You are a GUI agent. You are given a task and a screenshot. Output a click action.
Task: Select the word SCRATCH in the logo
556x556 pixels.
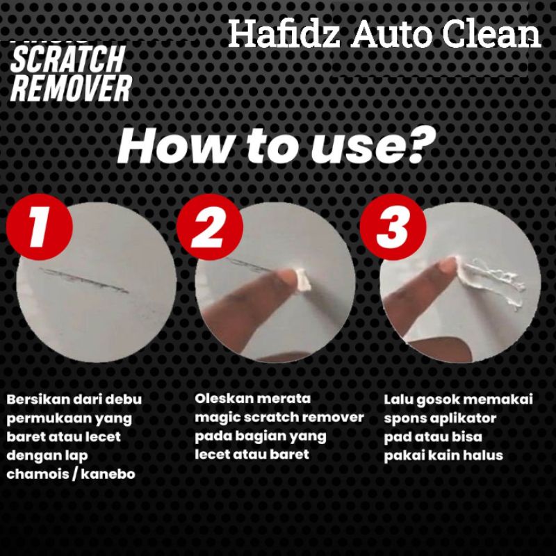67,59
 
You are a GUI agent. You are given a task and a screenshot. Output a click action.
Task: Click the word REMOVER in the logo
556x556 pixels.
72,88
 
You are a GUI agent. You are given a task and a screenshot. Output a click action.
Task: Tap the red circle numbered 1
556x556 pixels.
40,227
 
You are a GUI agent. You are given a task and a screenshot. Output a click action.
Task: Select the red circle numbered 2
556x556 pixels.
210,227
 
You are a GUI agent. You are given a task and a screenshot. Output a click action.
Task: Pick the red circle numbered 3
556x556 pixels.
393,227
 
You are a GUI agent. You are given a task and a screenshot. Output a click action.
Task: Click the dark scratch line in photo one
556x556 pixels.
84,280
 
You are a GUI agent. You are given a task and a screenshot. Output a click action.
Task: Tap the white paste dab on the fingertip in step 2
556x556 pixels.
302,280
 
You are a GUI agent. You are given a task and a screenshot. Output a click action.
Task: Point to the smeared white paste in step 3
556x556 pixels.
491,279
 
